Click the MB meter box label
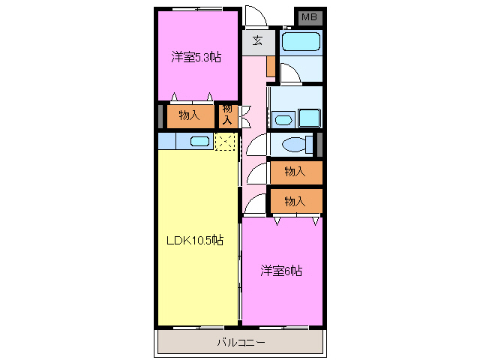pos(308,17)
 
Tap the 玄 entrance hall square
pos(256,40)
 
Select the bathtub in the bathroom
pos(301,41)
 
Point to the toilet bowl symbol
pos(293,144)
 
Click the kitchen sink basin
pos(199,141)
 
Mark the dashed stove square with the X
pos(226,141)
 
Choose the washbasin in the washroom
pos(283,119)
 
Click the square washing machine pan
pos(308,118)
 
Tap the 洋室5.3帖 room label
pos(196,57)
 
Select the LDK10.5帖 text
pos(194,240)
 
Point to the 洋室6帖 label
pos(281,270)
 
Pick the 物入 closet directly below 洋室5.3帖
pos(189,115)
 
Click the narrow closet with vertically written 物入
pos(227,115)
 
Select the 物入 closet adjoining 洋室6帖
pos(295,200)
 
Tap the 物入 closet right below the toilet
pos(295,171)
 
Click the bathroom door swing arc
pos(290,73)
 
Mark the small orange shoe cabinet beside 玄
pos(270,66)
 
